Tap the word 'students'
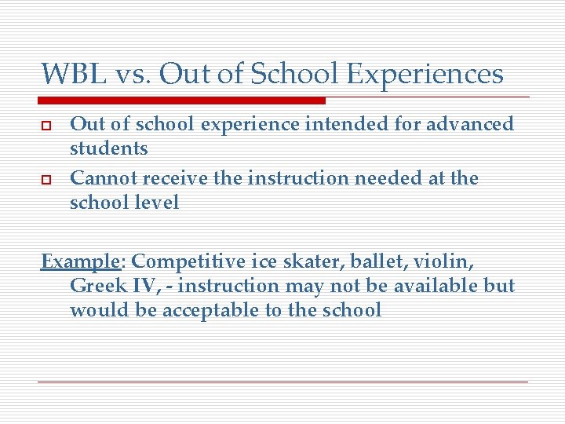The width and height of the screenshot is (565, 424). (x=109, y=148)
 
